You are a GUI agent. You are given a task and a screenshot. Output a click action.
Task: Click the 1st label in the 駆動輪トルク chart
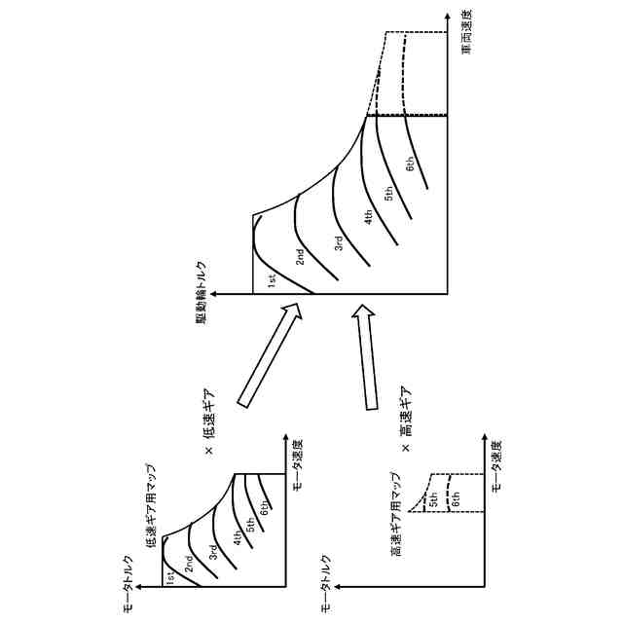coord(272,279)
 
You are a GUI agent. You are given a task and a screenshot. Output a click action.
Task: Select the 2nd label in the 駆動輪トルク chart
coord(301,257)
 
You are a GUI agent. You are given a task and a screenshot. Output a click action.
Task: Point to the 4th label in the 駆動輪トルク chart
coord(369,218)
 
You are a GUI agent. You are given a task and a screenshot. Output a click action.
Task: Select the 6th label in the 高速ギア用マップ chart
coord(456,502)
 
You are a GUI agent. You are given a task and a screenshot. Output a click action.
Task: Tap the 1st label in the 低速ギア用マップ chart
coord(169,577)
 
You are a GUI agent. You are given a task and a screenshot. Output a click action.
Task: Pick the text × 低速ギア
coord(208,414)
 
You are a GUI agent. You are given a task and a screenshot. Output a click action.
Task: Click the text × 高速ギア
coord(406,415)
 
